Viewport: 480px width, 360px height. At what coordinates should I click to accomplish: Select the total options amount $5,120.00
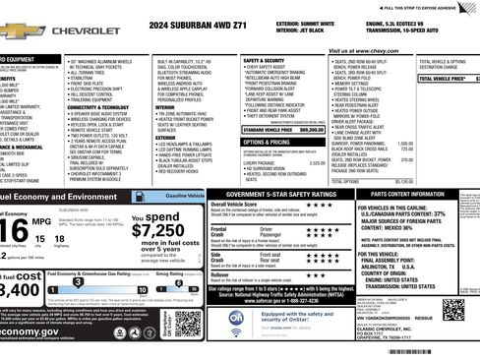pyautogui.click(x=403, y=181)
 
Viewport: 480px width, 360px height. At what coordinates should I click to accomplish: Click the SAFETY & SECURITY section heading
pyautogui.click(x=265, y=60)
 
